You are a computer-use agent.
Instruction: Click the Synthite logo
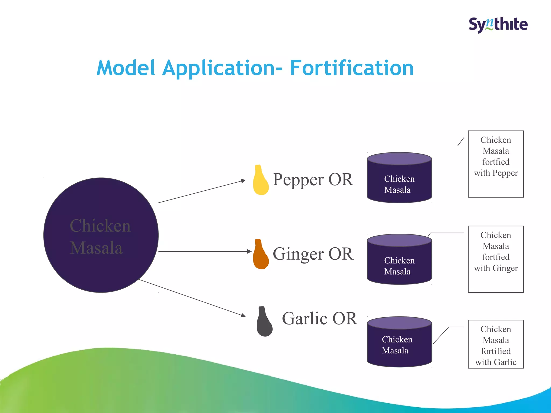pos(498,25)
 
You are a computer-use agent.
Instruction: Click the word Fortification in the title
pos(352,68)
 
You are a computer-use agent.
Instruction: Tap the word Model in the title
pos(126,68)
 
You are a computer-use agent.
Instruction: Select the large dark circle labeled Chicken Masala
pos(101,235)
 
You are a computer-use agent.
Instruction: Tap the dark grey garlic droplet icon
pos(264,323)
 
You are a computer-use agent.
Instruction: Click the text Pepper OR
pos(313,180)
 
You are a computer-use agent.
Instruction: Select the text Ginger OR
pos(313,254)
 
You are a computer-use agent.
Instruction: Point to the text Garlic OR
pos(320,318)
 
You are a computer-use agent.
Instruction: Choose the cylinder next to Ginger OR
pos(399,260)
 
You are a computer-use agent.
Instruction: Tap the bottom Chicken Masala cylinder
pos(399,342)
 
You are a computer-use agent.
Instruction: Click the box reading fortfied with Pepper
pos(496,164)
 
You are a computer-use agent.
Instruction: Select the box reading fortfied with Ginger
pos(496,259)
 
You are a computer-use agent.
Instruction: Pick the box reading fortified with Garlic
pos(496,344)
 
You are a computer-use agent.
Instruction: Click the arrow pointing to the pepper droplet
pos(202,191)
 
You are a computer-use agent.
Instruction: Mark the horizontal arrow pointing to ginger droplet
pos(204,251)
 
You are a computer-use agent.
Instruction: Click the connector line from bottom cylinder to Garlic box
pos(441,335)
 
